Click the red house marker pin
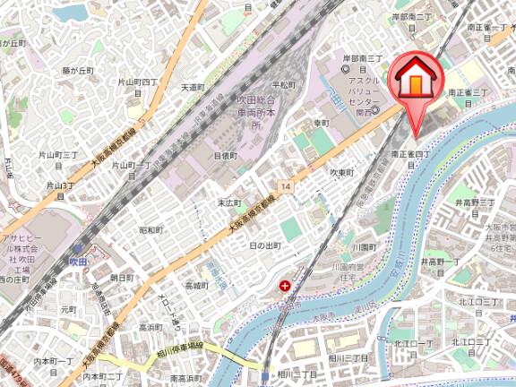[x=416, y=81]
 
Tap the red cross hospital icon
[x=285, y=287]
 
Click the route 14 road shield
[x=285, y=185]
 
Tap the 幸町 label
[x=322, y=123]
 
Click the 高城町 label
[x=196, y=286]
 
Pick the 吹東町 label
[x=341, y=172]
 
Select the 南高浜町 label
[x=185, y=378]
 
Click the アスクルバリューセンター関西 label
[x=362, y=90]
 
